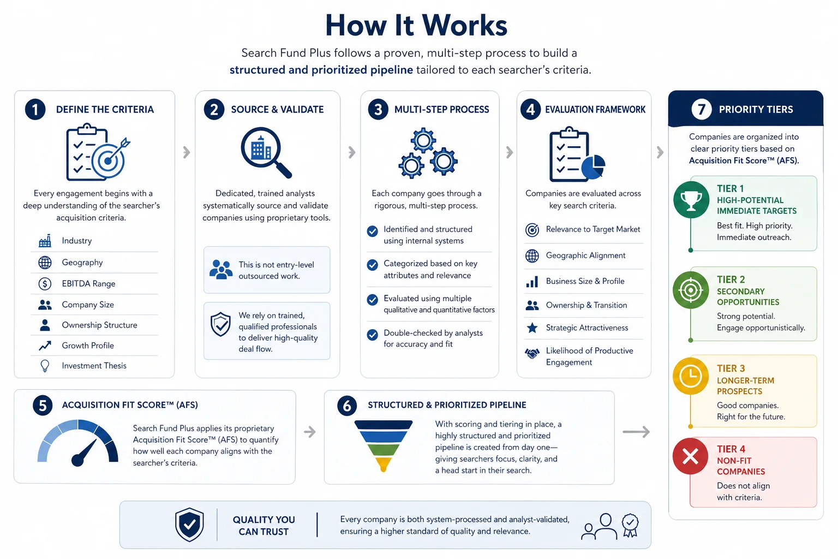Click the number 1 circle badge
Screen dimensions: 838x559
click(35, 109)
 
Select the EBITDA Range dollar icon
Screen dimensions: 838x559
click(45, 283)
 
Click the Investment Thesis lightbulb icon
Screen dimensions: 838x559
click(45, 365)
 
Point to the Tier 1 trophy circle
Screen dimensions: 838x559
click(691, 200)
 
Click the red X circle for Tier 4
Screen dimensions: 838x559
click(691, 456)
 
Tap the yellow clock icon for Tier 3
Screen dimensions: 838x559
click(691, 376)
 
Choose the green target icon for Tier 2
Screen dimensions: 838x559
click(691, 290)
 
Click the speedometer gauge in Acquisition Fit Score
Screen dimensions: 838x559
click(78, 443)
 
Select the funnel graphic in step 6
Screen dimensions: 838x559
click(384, 445)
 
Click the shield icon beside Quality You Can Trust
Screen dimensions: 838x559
click(189, 525)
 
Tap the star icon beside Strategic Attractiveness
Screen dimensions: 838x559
click(532, 328)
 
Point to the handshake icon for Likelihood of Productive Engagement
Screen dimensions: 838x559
click(532, 353)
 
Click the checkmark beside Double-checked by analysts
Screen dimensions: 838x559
click(372, 334)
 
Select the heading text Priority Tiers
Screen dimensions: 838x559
click(756, 109)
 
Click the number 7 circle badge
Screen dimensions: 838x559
click(701, 109)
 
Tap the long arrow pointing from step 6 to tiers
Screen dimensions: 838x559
click(636, 432)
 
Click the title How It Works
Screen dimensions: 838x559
click(416, 26)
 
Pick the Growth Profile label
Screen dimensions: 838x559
click(88, 345)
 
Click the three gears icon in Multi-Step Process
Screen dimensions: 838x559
click(428, 153)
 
